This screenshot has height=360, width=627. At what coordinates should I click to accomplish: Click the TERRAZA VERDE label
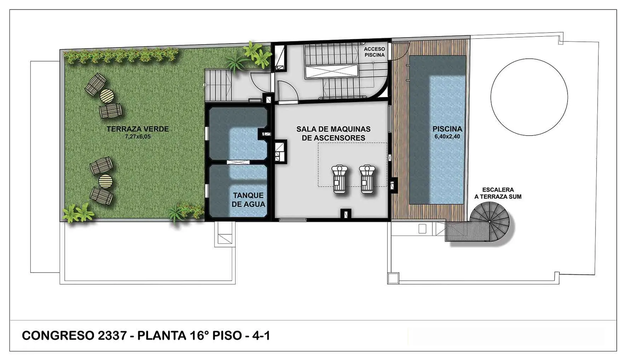point(138,129)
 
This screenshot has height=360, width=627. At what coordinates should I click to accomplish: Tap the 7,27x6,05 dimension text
point(138,136)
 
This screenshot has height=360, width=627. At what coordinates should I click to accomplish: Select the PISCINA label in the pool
point(447,129)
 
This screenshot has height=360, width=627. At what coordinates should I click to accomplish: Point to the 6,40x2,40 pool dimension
point(447,136)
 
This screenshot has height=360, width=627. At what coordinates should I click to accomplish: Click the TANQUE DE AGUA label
point(248,200)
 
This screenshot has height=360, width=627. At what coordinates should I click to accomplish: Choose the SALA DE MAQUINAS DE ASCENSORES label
point(333,133)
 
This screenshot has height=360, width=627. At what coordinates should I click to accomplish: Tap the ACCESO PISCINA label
point(374,52)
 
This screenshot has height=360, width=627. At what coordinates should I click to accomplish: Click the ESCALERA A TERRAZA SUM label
point(498,193)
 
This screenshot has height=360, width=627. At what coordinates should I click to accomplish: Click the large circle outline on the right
point(529,97)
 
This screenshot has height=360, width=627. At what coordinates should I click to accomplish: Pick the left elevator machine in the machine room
point(340,179)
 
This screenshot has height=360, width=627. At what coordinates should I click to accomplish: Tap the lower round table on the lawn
point(105,181)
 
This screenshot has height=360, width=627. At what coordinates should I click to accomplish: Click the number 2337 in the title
point(111,335)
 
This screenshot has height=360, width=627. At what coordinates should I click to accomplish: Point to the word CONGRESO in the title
point(57,335)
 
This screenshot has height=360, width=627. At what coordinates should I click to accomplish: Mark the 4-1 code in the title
point(261,335)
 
